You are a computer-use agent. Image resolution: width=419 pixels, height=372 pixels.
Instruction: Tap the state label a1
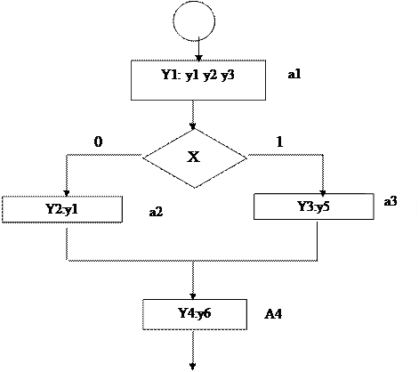tap(294, 74)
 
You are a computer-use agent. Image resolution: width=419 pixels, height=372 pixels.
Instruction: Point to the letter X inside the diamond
tap(193, 157)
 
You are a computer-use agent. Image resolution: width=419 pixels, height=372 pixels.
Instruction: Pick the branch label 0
tap(98, 142)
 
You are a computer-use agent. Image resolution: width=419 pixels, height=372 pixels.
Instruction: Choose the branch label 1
tap(279, 142)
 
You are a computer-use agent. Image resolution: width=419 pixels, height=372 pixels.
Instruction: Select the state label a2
tap(156, 212)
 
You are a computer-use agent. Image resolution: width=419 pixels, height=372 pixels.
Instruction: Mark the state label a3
tap(391, 201)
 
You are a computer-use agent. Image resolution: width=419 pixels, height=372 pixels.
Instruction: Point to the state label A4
tap(273, 314)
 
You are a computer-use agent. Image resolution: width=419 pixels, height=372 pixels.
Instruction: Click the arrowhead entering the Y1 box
tap(198, 58)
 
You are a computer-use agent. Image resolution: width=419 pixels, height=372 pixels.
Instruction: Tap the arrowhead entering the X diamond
tap(193, 125)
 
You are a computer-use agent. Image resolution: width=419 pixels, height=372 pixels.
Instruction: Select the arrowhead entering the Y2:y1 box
tap(67, 193)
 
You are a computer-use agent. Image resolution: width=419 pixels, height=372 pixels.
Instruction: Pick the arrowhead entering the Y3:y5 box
tap(323, 193)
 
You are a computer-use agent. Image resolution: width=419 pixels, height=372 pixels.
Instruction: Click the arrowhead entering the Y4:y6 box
tap(193, 296)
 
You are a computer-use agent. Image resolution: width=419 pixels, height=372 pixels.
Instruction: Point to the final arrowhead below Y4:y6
tap(193, 367)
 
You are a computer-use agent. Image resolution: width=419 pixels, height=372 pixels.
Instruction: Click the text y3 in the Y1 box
tap(228, 75)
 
